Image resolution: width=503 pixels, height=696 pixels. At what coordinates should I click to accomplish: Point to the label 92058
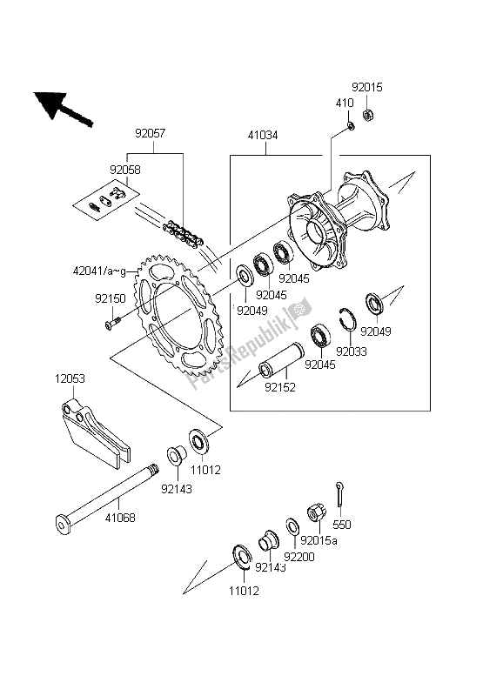point(125,171)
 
